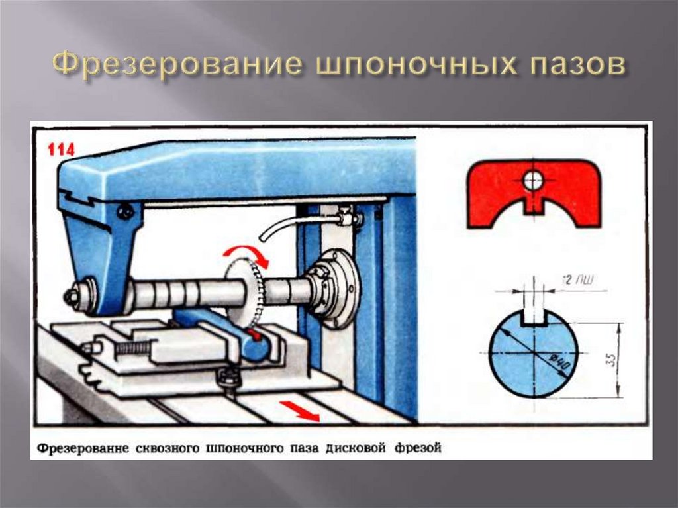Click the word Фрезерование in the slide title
173,66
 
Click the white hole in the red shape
534,179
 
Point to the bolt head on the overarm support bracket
125,212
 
